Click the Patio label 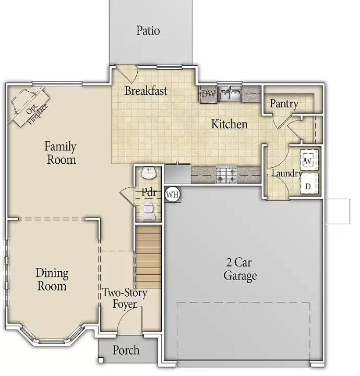click(148, 30)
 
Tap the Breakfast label click(146, 91)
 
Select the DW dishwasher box click(208, 94)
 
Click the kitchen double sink click(230, 94)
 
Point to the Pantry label click(284, 103)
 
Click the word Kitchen click(229, 124)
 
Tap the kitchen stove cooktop click(226, 174)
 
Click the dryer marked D click(308, 185)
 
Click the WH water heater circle click(172, 195)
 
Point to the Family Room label click(61, 153)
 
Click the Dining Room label click(52, 279)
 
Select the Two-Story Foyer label click(124, 298)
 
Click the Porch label click(126, 349)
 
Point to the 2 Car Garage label click(240, 269)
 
